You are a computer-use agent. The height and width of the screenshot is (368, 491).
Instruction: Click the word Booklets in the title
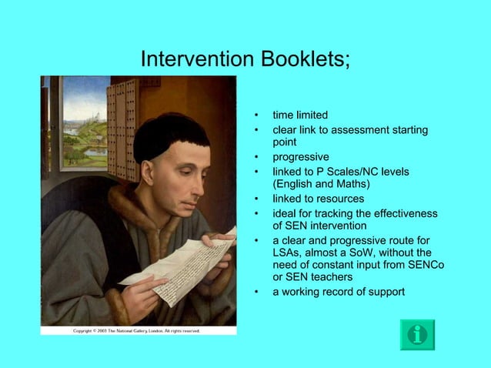303,59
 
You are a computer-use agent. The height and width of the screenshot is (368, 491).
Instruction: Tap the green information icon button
417,334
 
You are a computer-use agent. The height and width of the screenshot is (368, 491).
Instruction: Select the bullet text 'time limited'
300,115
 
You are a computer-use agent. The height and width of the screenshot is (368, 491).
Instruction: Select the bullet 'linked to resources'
318,199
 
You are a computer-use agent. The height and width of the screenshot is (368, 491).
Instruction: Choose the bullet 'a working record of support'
338,292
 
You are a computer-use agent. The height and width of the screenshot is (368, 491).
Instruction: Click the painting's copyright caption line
136,331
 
